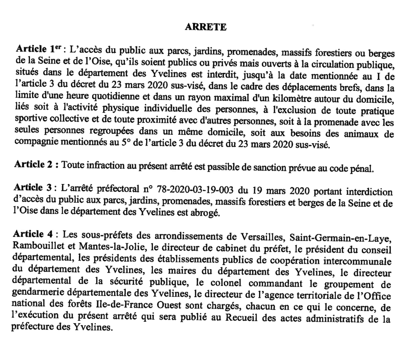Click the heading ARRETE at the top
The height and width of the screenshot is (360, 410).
coord(206,27)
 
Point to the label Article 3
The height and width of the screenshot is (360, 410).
coord(32,187)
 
